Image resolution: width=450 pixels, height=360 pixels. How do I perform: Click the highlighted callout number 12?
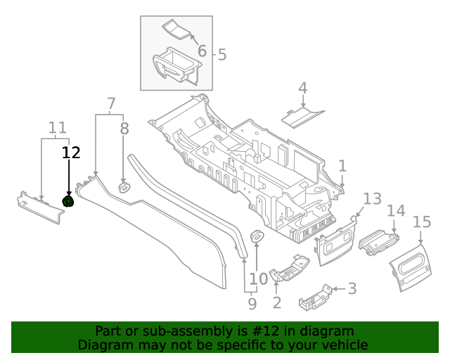71,152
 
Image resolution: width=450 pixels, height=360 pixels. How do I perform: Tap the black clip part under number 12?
69,202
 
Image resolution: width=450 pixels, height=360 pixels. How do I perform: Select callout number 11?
58,128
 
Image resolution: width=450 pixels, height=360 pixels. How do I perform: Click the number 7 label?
111,104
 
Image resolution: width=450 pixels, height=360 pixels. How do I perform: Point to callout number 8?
124,129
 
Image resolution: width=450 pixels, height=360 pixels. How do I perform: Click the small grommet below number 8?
124,188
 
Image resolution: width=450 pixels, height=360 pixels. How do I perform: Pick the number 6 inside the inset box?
202,51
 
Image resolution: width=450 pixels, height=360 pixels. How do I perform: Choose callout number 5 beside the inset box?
222,54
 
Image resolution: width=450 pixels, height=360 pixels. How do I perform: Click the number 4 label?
303,89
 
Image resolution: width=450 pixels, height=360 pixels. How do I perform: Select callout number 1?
342,166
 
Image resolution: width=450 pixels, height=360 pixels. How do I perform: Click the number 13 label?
371,198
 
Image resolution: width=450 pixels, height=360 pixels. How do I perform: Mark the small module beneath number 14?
379,242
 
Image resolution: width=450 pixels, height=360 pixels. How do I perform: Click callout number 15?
421,222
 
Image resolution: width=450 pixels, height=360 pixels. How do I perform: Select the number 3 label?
352,288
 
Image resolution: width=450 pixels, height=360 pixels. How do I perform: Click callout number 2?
277,303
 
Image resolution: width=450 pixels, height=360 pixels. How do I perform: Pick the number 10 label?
259,278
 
